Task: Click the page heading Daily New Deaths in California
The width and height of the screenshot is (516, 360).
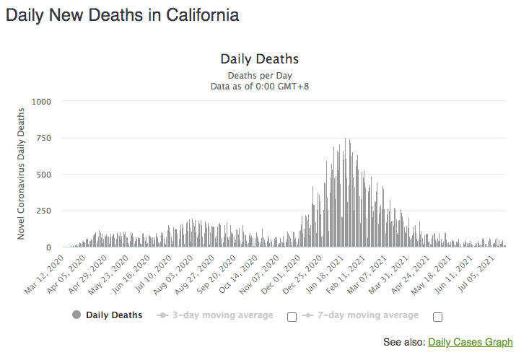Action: tap(123, 15)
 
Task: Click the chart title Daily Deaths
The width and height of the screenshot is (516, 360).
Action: tap(259, 59)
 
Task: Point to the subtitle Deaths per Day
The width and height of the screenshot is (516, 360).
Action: tap(259, 75)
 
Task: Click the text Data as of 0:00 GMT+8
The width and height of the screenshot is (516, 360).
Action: tap(259, 87)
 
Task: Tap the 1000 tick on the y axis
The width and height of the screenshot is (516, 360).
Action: tap(40, 102)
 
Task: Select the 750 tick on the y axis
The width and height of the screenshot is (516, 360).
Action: tap(43, 138)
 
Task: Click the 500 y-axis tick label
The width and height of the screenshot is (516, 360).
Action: tap(43, 175)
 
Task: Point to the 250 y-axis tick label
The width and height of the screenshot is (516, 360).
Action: tap(43, 211)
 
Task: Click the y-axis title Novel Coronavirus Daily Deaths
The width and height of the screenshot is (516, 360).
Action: tap(22, 173)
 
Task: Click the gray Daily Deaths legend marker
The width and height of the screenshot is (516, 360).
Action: tap(76, 315)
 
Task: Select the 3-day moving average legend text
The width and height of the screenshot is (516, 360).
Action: tap(220, 315)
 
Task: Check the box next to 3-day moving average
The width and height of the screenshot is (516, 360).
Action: tap(292, 317)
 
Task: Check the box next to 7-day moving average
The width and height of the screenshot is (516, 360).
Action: tap(437, 317)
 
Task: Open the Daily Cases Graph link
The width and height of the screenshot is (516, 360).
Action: tap(470, 342)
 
